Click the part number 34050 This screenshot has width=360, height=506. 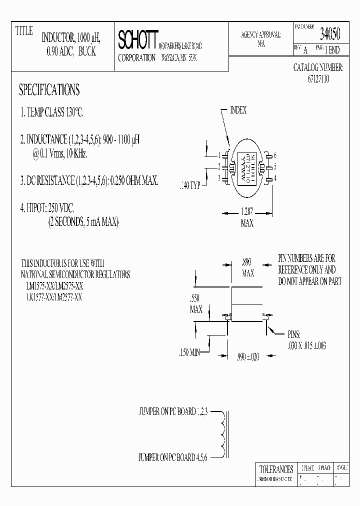(330, 34)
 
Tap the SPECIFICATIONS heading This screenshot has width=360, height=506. (49, 90)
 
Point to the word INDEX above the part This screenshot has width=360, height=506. (238, 110)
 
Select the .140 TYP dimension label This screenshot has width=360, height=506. (189, 185)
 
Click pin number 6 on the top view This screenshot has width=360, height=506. (275, 155)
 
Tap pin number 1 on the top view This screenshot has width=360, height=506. (219, 155)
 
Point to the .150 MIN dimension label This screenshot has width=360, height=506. (189, 353)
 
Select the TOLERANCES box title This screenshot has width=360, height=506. (276, 469)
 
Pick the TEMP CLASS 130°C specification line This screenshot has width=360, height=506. (51, 113)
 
